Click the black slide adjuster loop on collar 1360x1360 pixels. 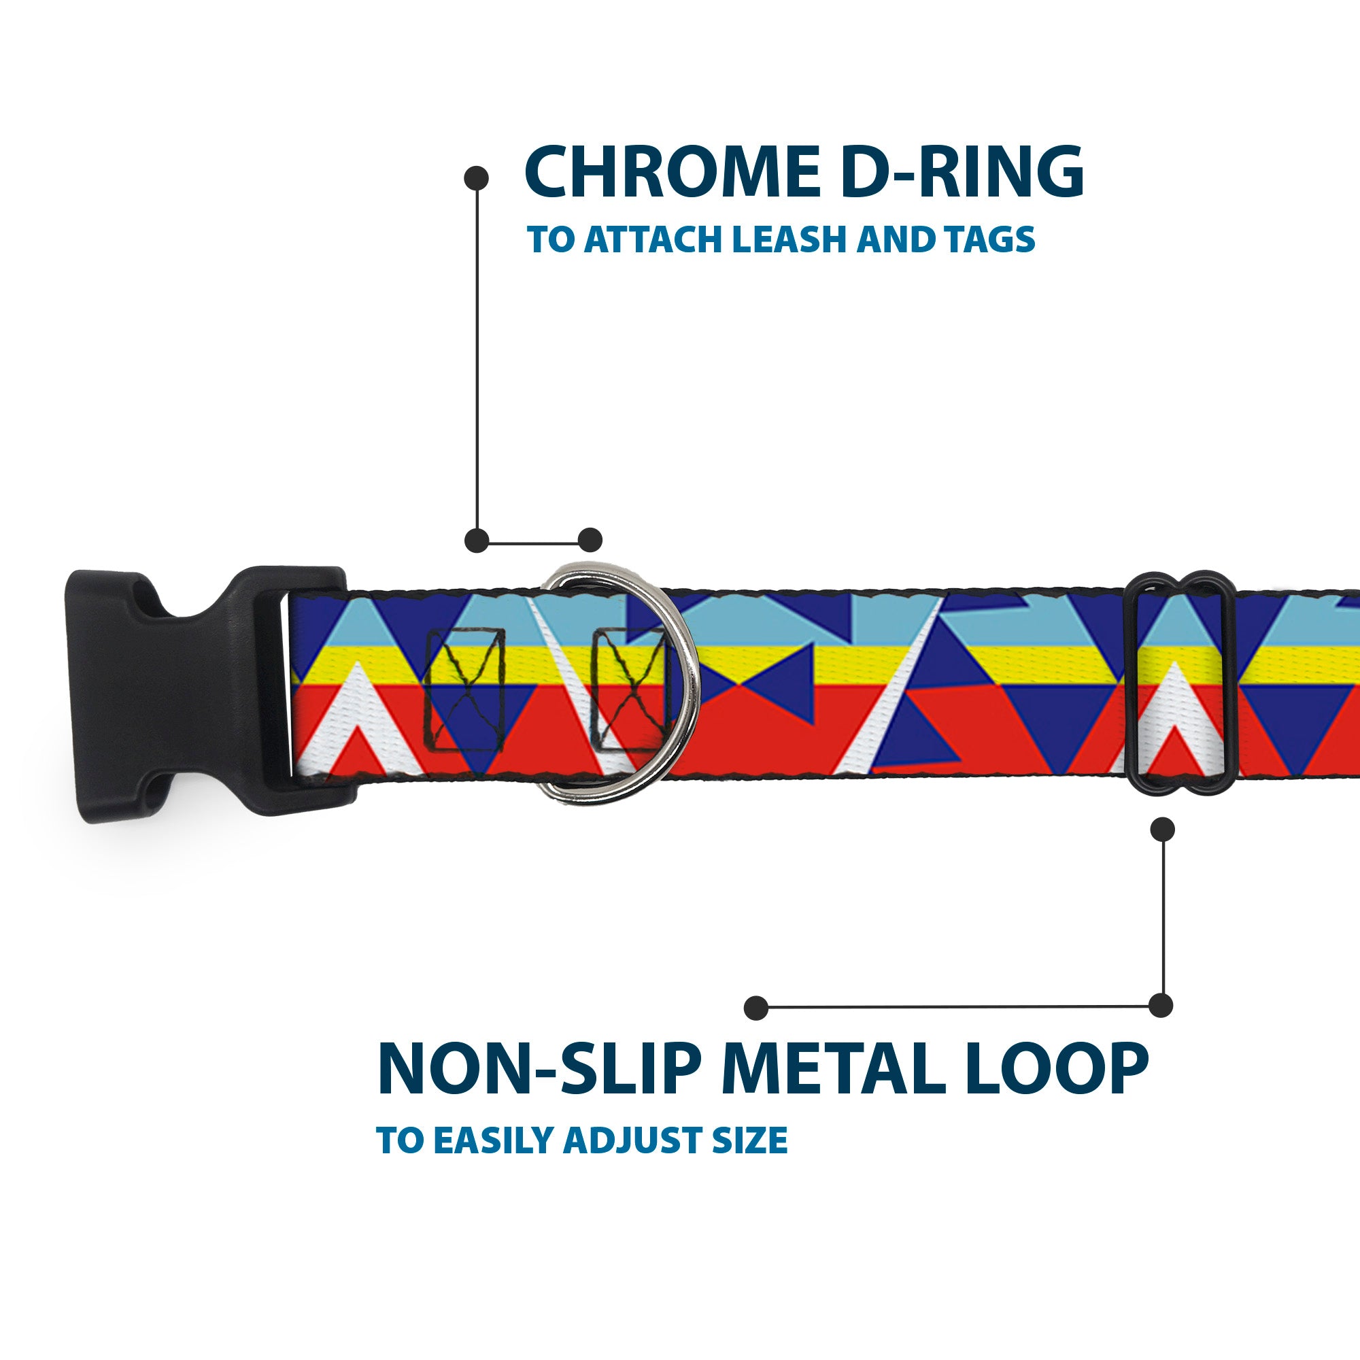tap(1182, 683)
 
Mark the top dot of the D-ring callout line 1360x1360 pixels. tap(477, 177)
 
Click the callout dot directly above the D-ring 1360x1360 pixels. tap(590, 540)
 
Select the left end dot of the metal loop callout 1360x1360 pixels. tap(756, 1007)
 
